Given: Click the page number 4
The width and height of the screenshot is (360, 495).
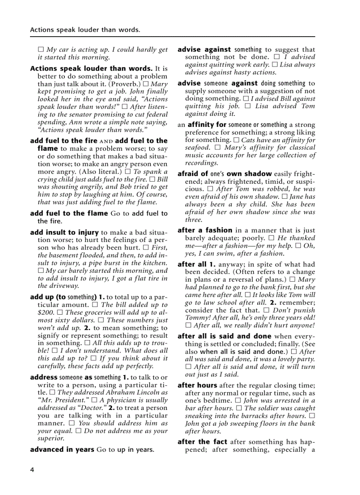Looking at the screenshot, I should (x=32, y=470).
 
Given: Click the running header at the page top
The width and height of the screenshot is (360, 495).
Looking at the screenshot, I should (x=85, y=30).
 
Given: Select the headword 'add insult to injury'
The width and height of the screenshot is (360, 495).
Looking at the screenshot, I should (x=64, y=232).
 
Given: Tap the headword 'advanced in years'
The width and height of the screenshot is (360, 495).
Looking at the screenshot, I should (x=62, y=450).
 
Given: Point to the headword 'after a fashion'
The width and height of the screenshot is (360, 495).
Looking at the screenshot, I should (x=205, y=230).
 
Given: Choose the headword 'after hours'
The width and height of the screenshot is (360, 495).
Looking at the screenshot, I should (x=197, y=385).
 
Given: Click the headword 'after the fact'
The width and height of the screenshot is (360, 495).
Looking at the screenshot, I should (x=202, y=442).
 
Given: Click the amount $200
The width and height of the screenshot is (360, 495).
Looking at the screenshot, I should (x=46, y=312).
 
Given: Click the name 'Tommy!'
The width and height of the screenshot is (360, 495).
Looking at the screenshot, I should (x=197, y=317).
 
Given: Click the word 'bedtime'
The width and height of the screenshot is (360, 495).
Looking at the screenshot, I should (x=216, y=400).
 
